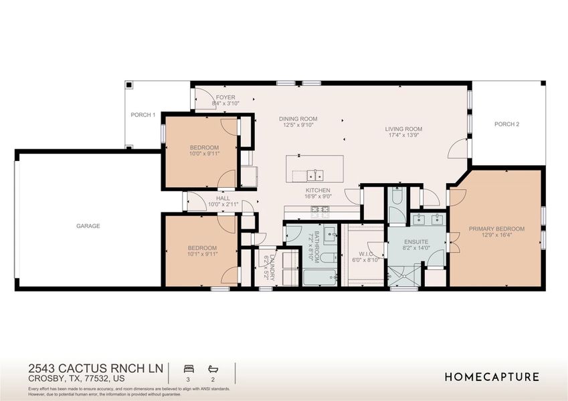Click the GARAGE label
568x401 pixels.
click(x=88, y=226)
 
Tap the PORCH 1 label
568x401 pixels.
click(x=143, y=115)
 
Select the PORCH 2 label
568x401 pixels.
click(x=506, y=124)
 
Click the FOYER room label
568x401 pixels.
click(x=225, y=98)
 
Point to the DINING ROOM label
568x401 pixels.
click(x=298, y=119)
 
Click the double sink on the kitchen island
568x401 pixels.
click(x=315, y=176)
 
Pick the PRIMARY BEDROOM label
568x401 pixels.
click(x=496, y=229)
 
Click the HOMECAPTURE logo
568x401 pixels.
click(x=492, y=377)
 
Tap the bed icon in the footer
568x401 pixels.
click(x=187, y=368)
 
